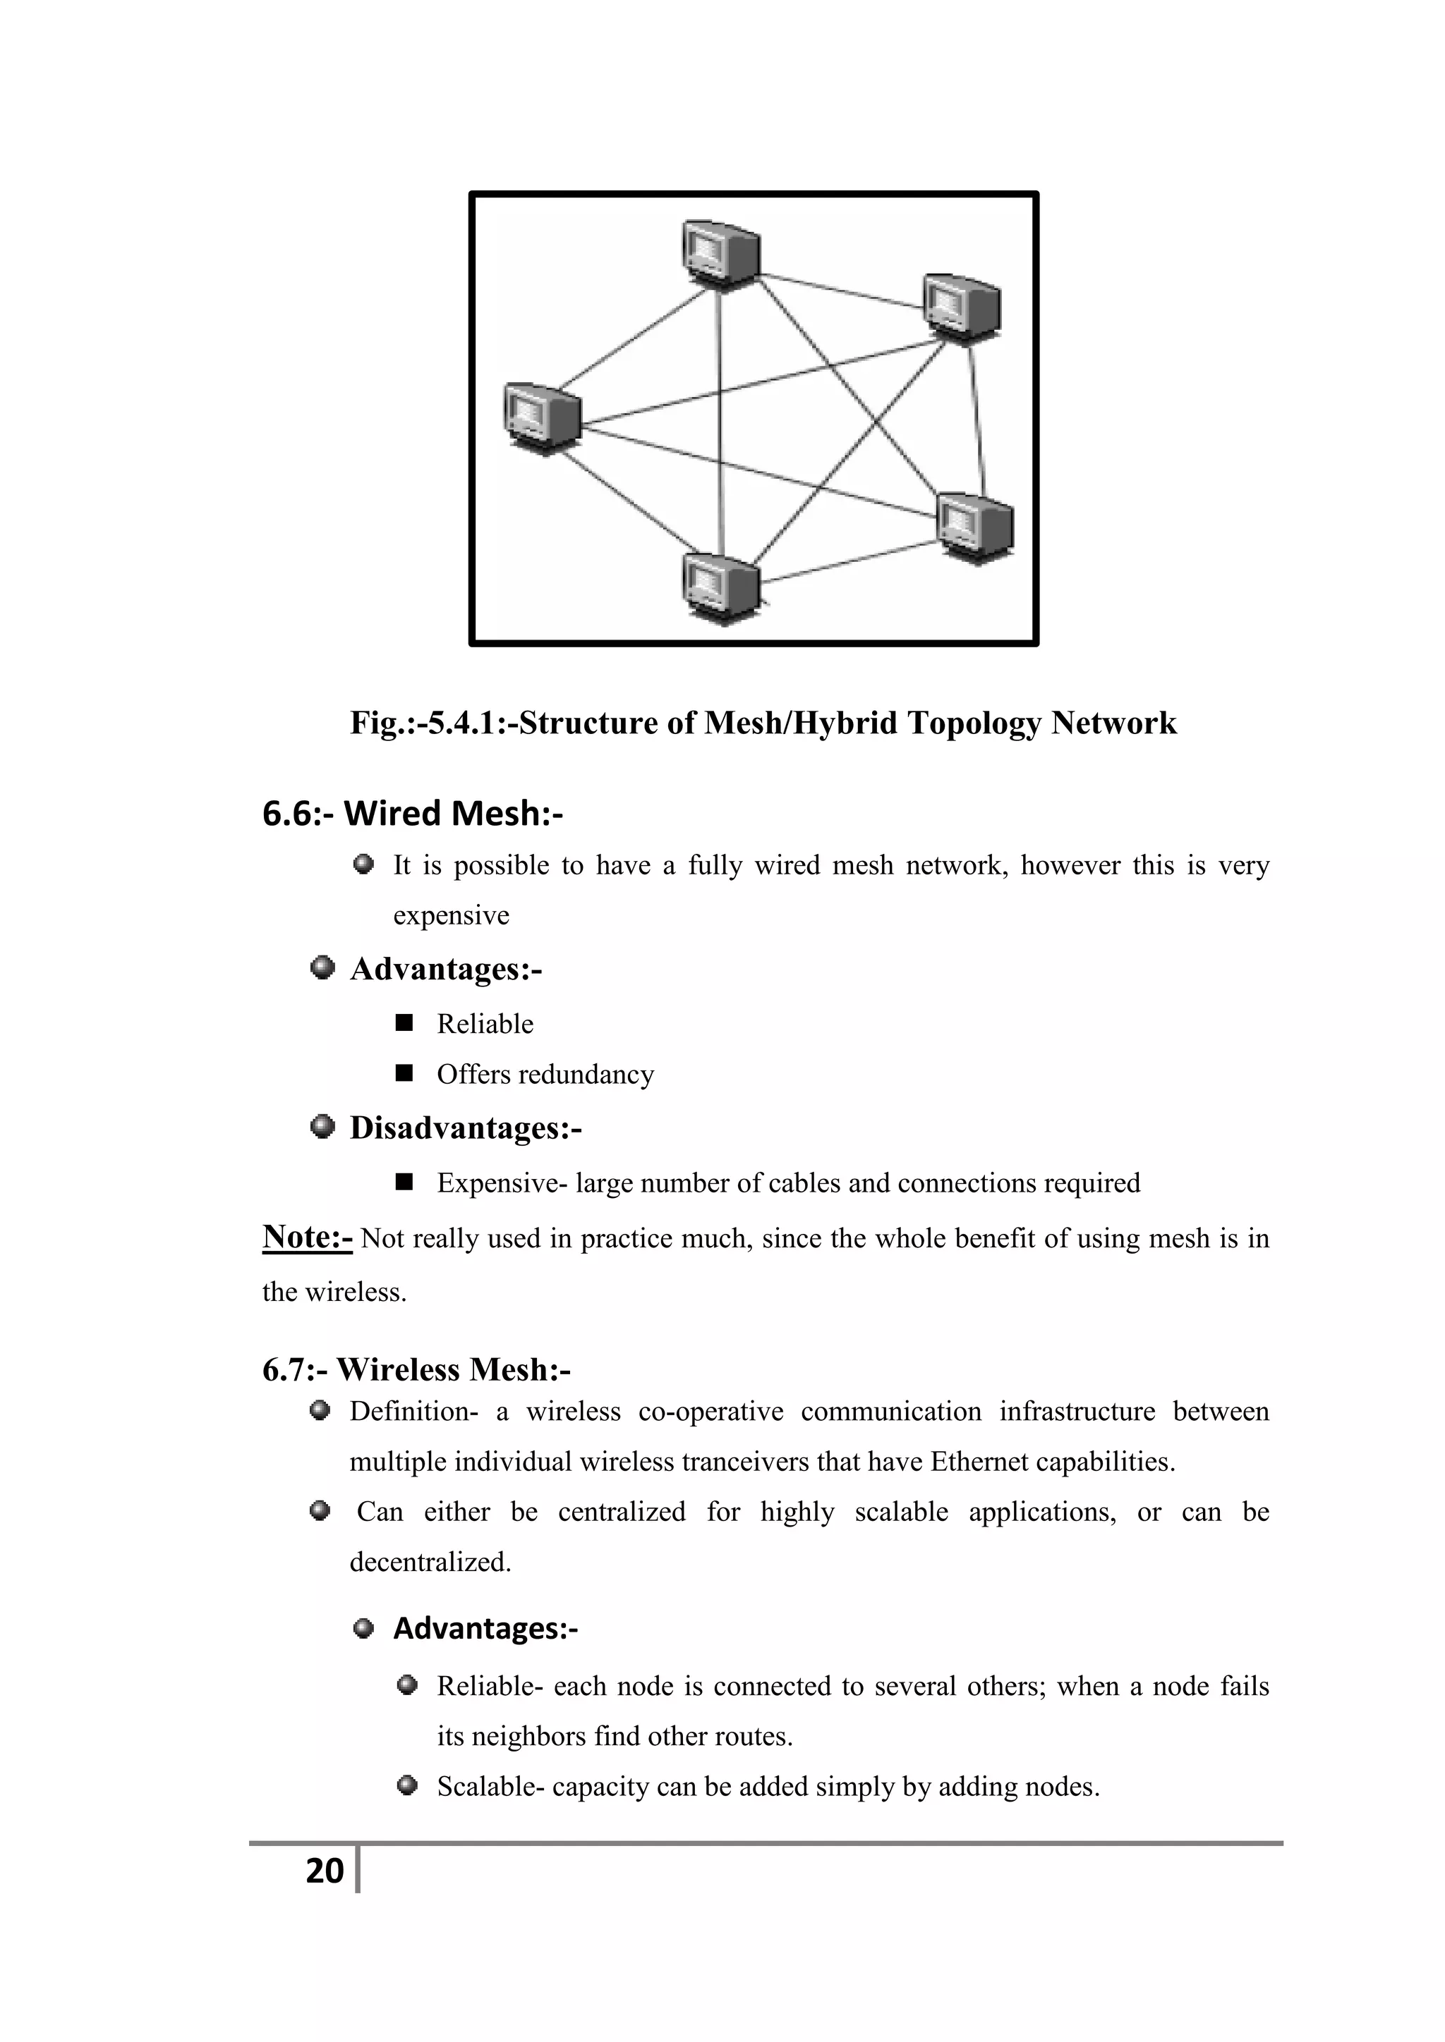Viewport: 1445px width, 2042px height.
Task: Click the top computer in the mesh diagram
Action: tap(720, 255)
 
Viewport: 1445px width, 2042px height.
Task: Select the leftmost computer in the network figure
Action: tap(542, 418)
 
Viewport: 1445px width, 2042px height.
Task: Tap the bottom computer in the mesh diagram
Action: tap(720, 586)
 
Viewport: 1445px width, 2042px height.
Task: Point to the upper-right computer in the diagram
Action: tap(962, 307)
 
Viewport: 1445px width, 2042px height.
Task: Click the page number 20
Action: tap(325, 1871)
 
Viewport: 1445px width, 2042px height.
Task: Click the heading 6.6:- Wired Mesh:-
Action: tap(412, 813)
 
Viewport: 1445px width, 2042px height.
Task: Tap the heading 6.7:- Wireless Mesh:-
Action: tap(416, 1369)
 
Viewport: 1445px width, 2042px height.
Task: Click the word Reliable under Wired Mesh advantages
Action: tap(485, 1024)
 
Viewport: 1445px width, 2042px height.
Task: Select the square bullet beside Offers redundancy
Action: tap(405, 1073)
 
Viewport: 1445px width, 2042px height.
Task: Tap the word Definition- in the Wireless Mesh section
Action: tap(413, 1412)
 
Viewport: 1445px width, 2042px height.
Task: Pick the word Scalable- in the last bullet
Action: tap(490, 1787)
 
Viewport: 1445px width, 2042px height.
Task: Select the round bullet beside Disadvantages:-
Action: tap(322, 1127)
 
